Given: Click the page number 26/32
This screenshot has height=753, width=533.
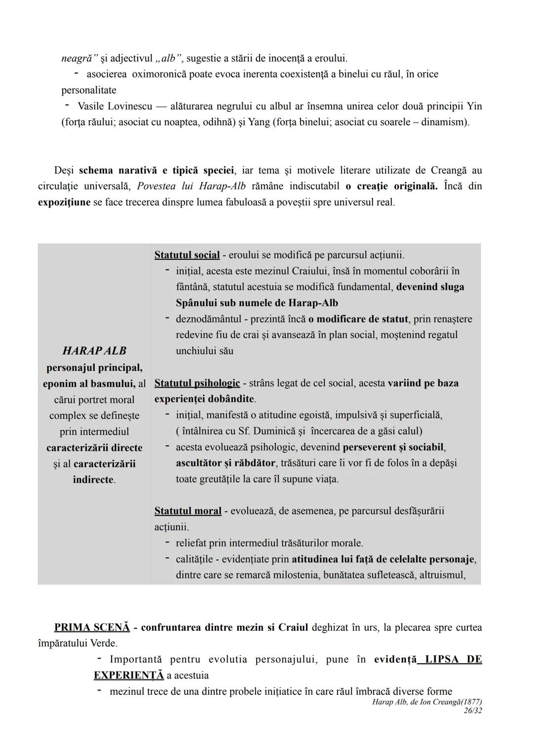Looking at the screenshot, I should (472, 711).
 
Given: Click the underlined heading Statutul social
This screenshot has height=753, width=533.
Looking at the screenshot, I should (187, 255).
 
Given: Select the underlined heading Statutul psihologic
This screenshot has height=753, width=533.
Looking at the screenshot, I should (197, 383).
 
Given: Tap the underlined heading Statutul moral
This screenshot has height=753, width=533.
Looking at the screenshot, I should (188, 511).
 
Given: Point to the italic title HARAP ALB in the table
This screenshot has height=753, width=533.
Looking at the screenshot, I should (94, 351).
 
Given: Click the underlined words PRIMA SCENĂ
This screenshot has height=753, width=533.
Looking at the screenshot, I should (92, 627).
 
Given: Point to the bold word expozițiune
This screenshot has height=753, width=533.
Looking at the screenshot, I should (64, 202).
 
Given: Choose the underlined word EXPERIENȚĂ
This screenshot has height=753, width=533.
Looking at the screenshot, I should (129, 675).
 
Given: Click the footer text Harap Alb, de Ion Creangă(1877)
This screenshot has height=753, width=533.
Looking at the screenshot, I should (427, 702).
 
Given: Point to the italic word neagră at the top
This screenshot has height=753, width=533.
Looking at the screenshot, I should (79, 58).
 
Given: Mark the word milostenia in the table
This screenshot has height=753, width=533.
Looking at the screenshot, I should (294, 575).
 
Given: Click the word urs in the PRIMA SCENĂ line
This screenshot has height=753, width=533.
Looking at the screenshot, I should (372, 627).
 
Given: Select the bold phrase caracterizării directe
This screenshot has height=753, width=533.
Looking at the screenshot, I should (94, 448).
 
